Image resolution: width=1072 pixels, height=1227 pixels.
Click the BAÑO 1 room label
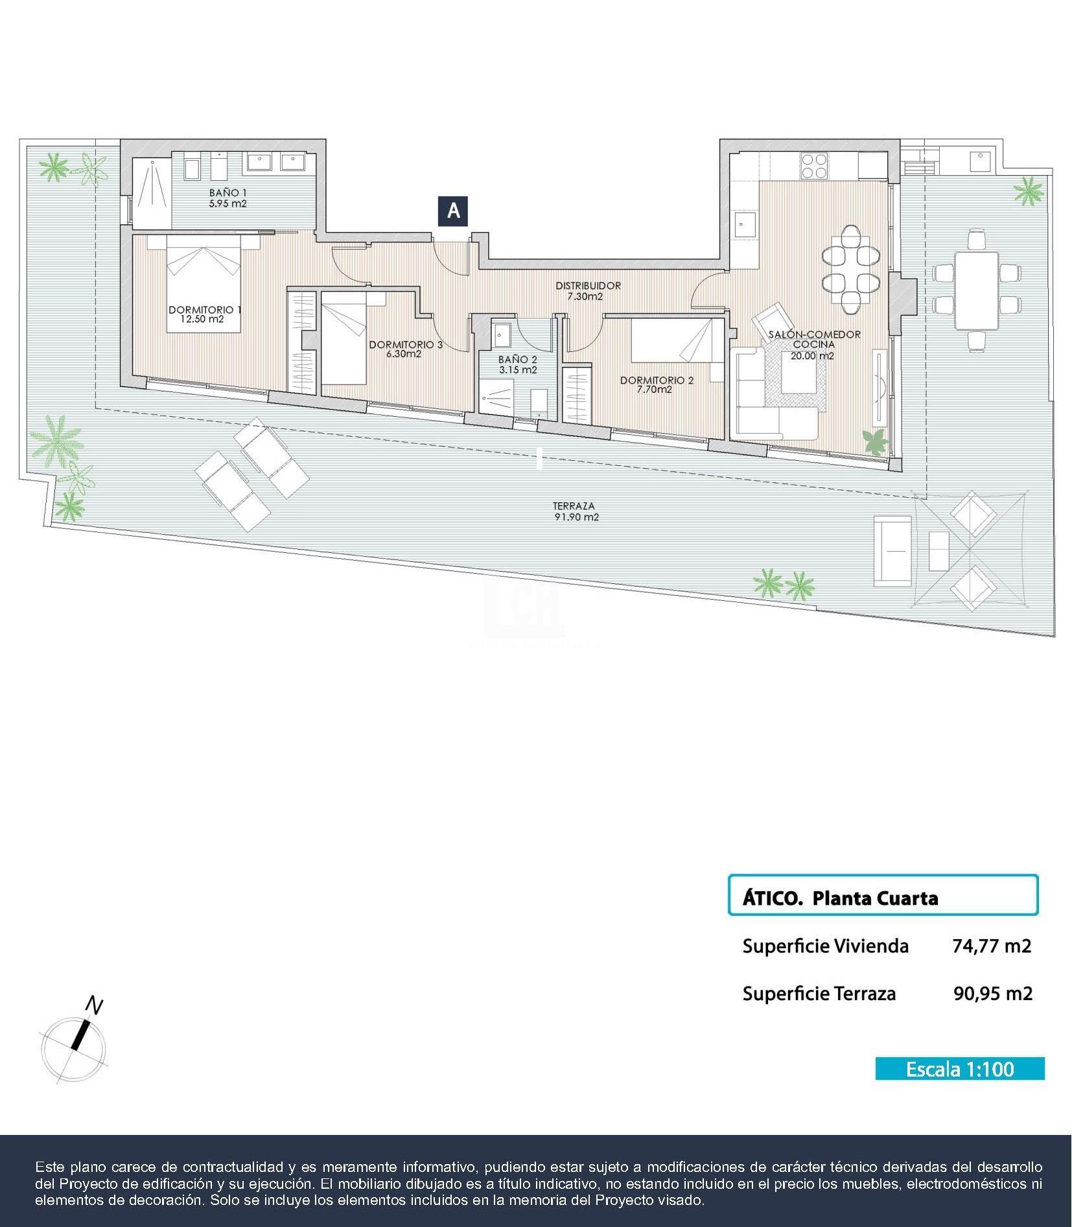pyautogui.click(x=227, y=193)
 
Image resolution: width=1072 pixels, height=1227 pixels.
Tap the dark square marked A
pyautogui.click(x=453, y=211)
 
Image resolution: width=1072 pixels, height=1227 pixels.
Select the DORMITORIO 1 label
pyautogui.click(x=204, y=310)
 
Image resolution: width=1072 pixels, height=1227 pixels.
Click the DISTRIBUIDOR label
pyautogui.click(x=588, y=285)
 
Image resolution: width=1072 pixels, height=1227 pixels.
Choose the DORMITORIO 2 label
pyautogui.click(x=656, y=380)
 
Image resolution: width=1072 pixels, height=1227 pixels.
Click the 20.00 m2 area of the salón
pyautogui.click(x=812, y=355)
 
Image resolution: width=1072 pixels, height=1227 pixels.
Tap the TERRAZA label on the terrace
pyautogui.click(x=574, y=506)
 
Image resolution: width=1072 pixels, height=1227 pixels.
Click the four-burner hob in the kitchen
pyautogui.click(x=813, y=165)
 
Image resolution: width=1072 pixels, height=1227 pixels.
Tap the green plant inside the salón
pyautogui.click(x=876, y=442)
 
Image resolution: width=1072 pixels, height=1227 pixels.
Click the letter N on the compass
pyautogui.click(x=95, y=1006)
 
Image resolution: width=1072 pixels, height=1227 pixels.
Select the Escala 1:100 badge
pyautogui.click(x=959, y=1068)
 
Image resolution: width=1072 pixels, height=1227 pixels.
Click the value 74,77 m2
pyautogui.click(x=991, y=946)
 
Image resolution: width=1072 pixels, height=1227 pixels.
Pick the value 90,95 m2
pyautogui.click(x=992, y=993)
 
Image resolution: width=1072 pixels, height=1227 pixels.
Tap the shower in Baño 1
pyautogui.click(x=153, y=192)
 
